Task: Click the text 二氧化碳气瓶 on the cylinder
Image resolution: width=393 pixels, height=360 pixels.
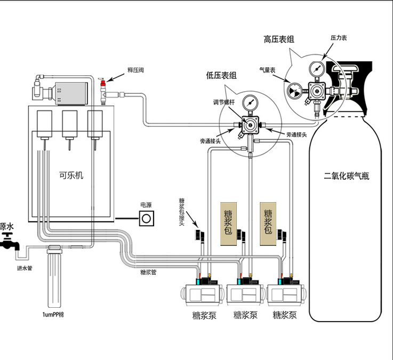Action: tap(346, 175)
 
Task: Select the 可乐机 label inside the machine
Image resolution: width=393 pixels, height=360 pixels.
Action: tap(71, 175)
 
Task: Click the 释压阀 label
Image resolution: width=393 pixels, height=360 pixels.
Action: tap(135, 70)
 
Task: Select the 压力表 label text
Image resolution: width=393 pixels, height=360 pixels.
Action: tap(339, 38)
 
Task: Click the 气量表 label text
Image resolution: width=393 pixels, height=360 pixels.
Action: tap(267, 70)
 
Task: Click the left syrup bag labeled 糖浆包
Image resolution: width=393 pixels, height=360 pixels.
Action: tap(228, 223)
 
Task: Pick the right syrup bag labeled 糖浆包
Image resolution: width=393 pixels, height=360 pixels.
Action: tap(268, 223)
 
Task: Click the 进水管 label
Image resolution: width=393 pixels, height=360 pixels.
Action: tap(25, 268)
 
